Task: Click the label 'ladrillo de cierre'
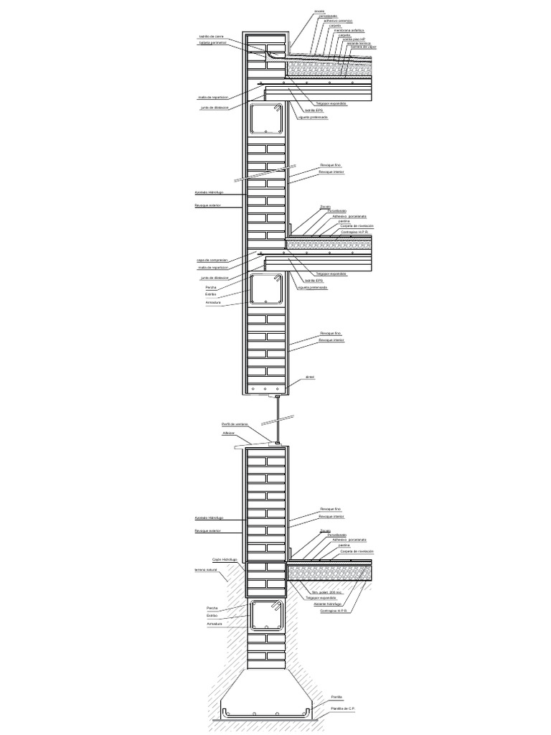pyautogui.click(x=211, y=37)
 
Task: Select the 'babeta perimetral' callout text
pyautogui.click(x=210, y=43)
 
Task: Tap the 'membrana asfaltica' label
pyautogui.click(x=350, y=31)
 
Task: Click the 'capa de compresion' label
pyautogui.click(x=212, y=260)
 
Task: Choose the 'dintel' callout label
pyautogui.click(x=310, y=376)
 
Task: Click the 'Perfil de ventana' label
pyautogui.click(x=235, y=424)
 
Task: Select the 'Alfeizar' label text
pyautogui.click(x=229, y=434)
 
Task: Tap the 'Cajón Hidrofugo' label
pyautogui.click(x=225, y=559)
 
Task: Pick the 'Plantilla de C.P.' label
pyautogui.click(x=344, y=708)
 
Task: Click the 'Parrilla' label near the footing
pyautogui.click(x=336, y=697)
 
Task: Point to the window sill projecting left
pyautogui.click(x=244, y=446)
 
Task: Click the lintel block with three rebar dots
pyautogui.click(x=265, y=388)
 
